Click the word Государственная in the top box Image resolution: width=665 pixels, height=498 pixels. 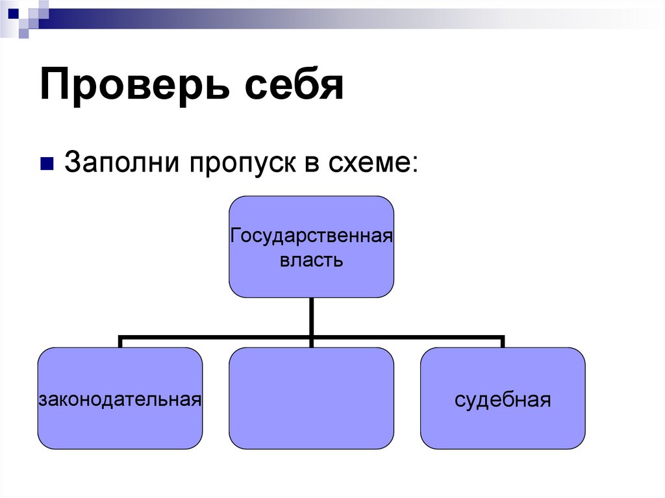click(312, 234)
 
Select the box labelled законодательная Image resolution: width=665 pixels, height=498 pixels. click(120, 422)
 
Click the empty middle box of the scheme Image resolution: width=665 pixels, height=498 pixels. click(312, 398)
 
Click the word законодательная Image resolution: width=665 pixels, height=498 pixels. click(120, 398)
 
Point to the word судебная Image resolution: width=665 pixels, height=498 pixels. click(503, 399)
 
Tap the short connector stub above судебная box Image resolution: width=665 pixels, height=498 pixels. click(503, 342)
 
